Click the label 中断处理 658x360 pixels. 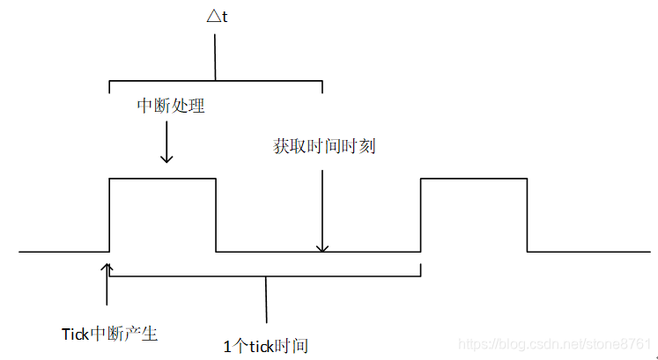coord(171,106)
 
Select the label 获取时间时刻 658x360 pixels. coord(324,146)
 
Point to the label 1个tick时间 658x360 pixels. coord(266,345)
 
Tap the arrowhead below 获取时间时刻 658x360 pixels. coord(323,247)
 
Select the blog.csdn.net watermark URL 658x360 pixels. coord(557,343)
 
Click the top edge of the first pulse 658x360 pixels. coord(162,179)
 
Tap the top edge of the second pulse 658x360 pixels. coord(474,179)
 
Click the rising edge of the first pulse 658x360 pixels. coord(108,215)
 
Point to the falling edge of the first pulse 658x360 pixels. coord(216,215)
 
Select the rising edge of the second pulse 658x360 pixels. coord(421,215)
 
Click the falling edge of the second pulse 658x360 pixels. coord(527,215)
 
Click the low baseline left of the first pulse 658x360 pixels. coord(62,253)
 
